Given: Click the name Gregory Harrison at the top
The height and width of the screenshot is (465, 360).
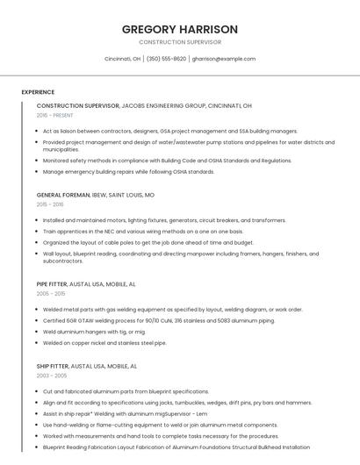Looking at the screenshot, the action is pos(180,29).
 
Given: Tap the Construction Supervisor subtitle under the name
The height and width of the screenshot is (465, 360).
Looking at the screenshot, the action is pos(180,42).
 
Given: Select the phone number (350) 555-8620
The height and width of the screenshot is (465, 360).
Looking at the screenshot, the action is pos(167,59).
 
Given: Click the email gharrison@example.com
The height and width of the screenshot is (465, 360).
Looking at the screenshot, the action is pos(224,59).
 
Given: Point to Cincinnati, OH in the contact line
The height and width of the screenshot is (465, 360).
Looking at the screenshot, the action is pos(123,59).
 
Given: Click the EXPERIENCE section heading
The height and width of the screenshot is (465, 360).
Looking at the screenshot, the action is pos(38,92).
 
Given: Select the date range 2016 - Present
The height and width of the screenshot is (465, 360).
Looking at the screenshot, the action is pos(54,115).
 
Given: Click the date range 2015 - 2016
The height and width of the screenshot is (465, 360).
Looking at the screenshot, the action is pos(50,204).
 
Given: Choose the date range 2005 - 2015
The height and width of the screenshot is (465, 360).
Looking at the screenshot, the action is pos(51,294).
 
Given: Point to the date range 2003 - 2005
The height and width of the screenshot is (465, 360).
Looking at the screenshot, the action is pos(51,376).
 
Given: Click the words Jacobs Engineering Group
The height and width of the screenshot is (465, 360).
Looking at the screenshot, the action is pos(164,105).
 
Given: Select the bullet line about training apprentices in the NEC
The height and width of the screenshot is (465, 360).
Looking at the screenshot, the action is pos(142,232).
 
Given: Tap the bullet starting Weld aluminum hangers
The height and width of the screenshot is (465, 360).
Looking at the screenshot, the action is pos(94,332).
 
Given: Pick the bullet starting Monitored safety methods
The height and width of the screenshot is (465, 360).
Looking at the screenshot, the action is pos(167,161).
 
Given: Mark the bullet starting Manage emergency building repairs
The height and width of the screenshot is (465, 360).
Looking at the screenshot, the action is pos(128,172).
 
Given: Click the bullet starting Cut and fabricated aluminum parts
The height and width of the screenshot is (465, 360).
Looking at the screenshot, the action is pos(126,391).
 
